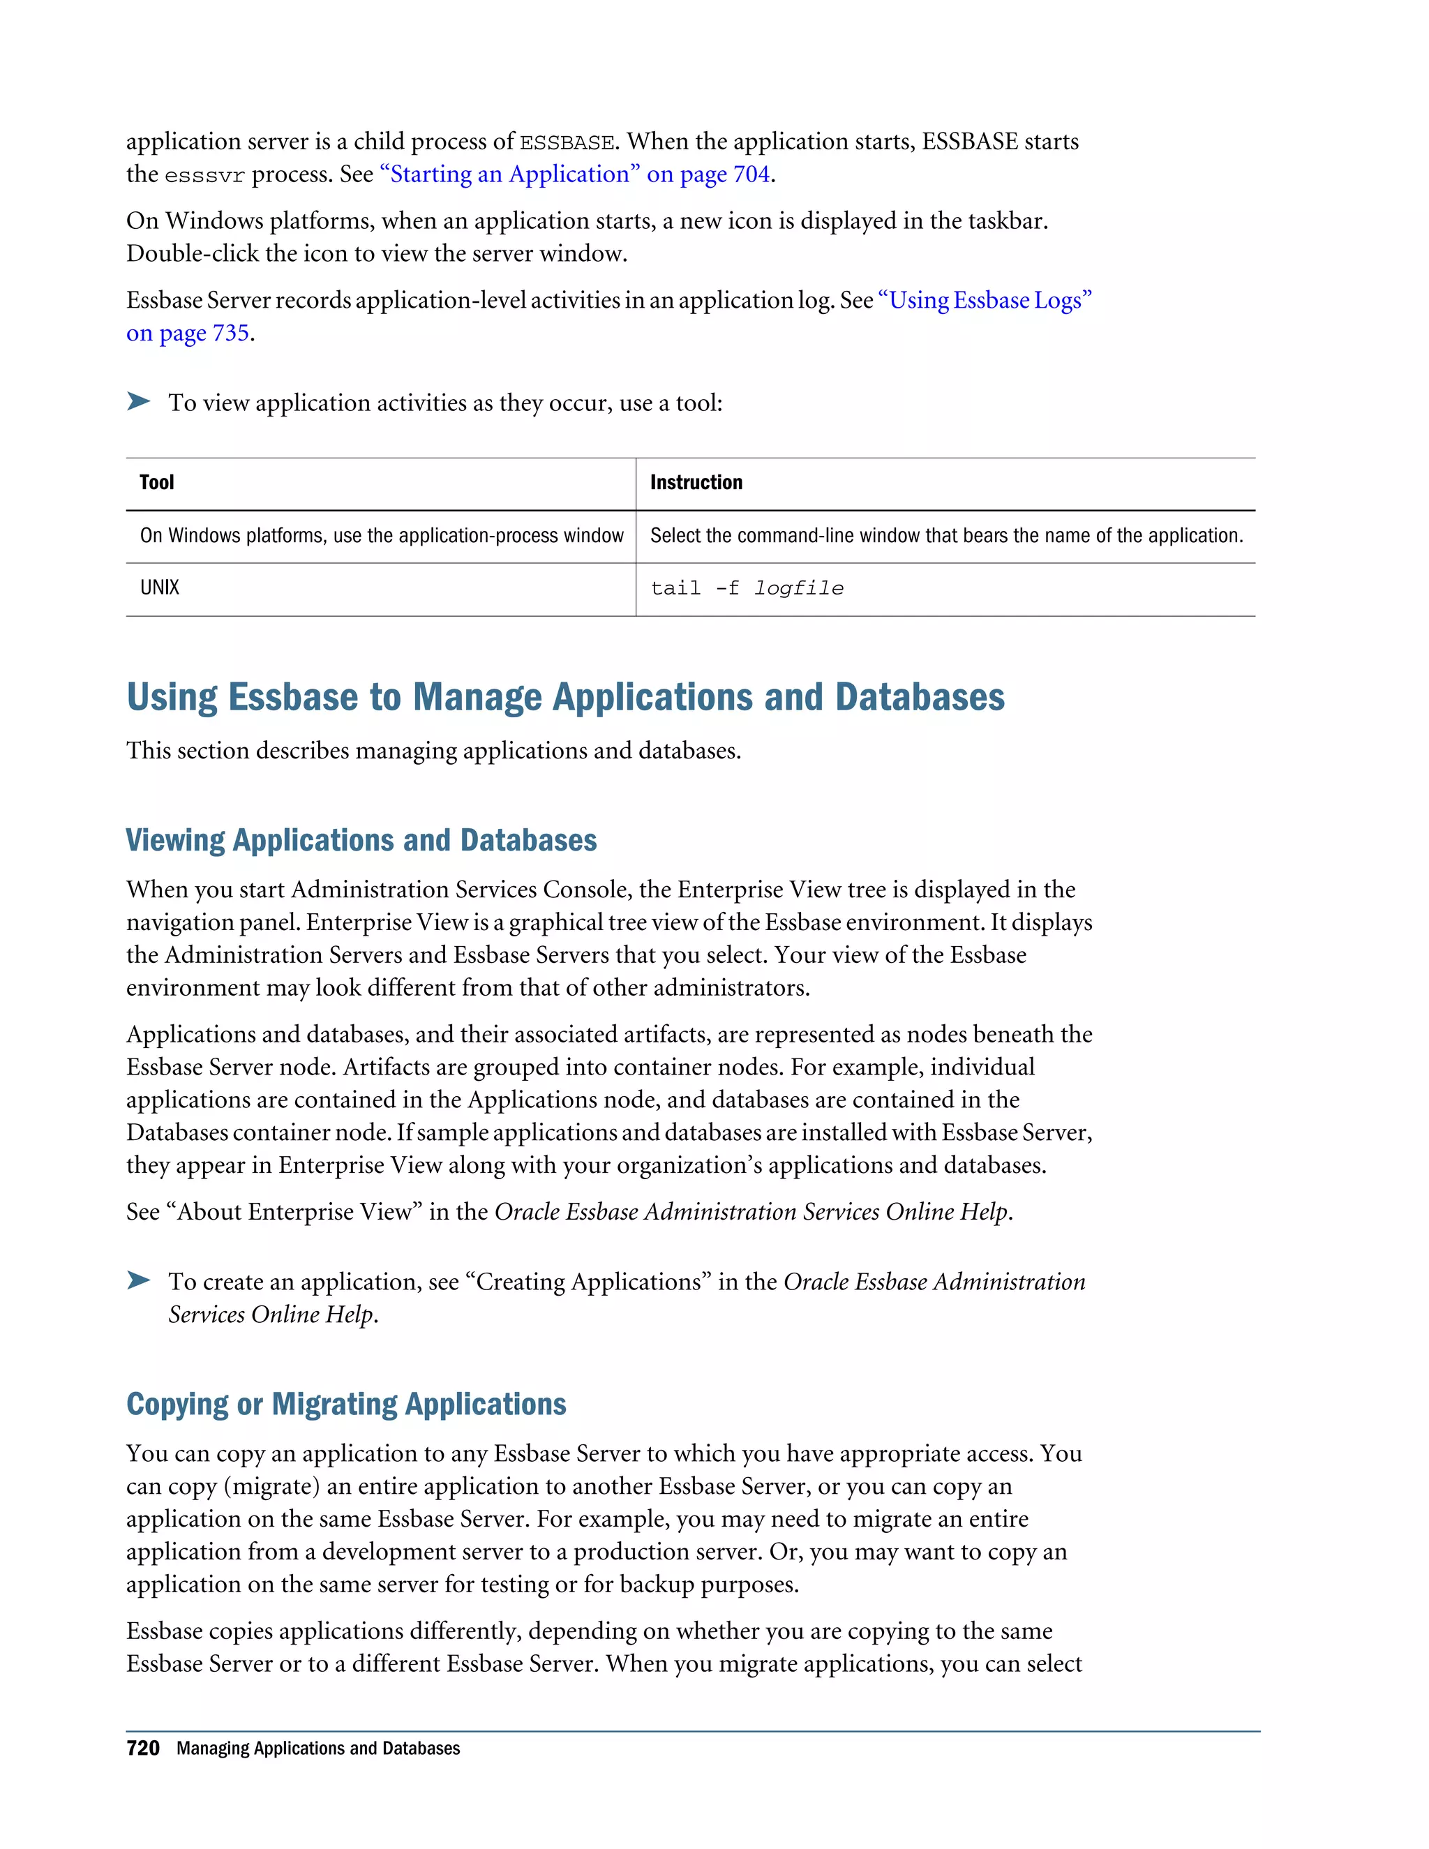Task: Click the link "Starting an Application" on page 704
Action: pyautogui.click(x=576, y=174)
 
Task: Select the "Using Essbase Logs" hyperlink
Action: pyautogui.click(x=985, y=301)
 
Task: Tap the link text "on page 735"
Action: pyautogui.click(x=188, y=334)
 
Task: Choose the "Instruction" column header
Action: pyautogui.click(x=696, y=483)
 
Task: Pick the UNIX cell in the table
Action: pyautogui.click(x=160, y=587)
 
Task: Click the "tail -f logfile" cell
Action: pyautogui.click(x=747, y=588)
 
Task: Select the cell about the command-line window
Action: pyautogui.click(x=945, y=536)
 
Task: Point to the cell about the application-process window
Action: pyautogui.click(x=382, y=536)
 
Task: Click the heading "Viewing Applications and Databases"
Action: pyautogui.click(x=361, y=840)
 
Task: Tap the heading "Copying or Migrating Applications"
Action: pyautogui.click(x=346, y=1404)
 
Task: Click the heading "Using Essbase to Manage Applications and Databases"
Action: pyautogui.click(x=565, y=698)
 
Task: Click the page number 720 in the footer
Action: pyautogui.click(x=143, y=1749)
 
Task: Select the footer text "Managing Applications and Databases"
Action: pyautogui.click(x=318, y=1749)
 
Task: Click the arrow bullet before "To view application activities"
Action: pyautogui.click(x=139, y=401)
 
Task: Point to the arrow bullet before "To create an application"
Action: pyautogui.click(x=139, y=1280)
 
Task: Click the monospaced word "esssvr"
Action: pyautogui.click(x=205, y=176)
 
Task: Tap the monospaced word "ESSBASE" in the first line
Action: pyautogui.click(x=567, y=143)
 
